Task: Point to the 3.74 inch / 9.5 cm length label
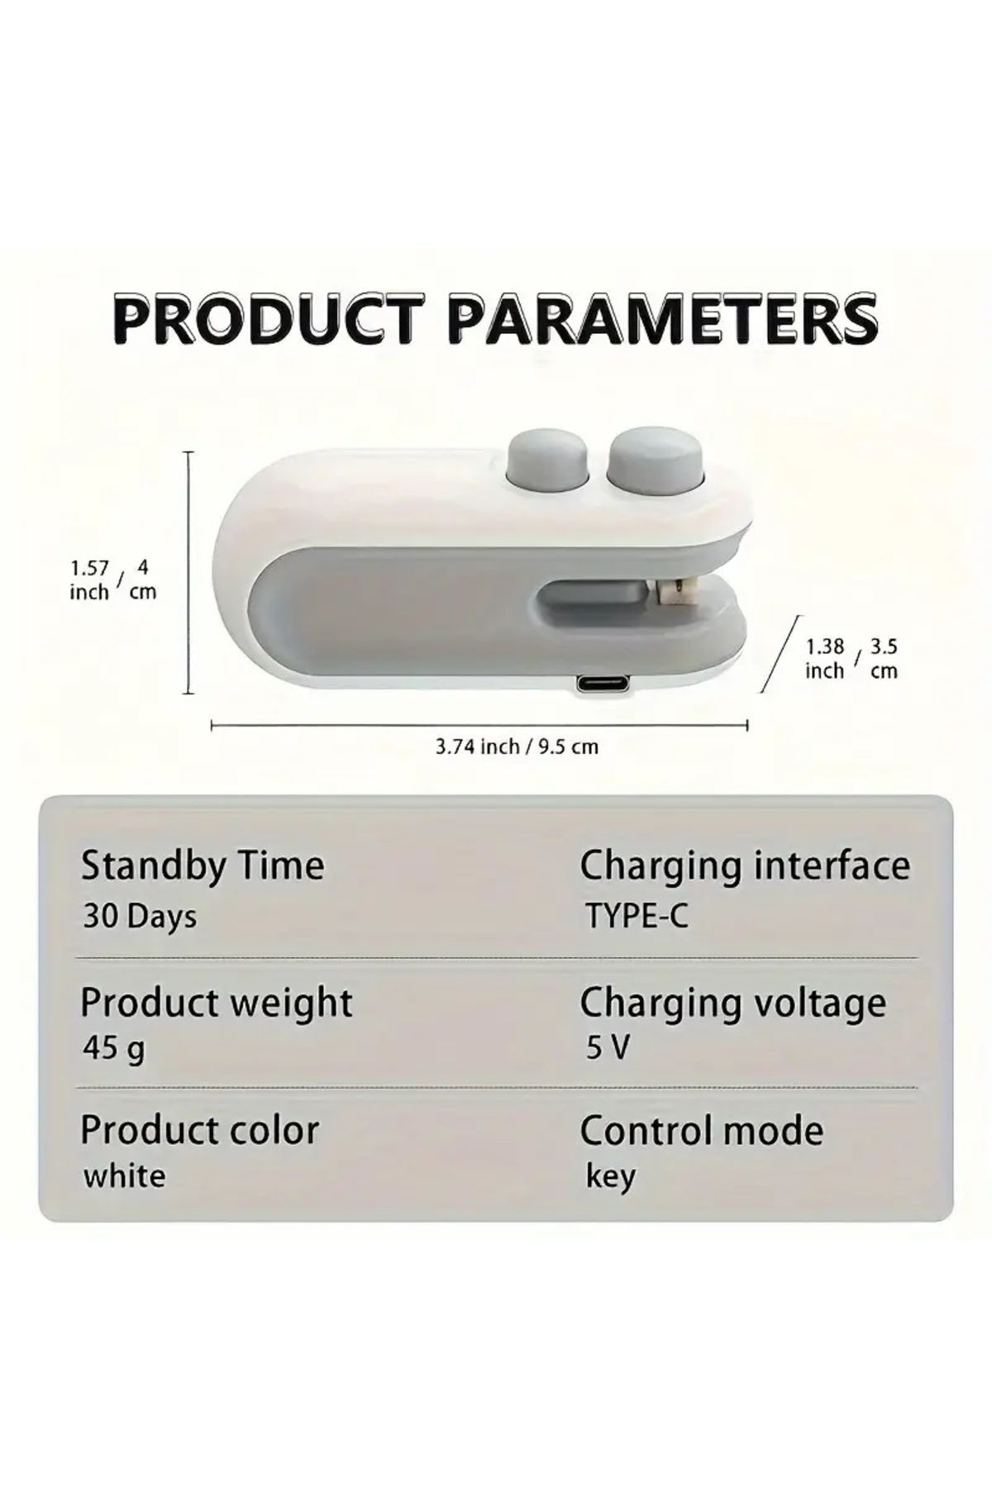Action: coord(517,746)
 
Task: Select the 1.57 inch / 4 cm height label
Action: coord(113,579)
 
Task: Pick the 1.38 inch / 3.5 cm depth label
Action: coord(851,658)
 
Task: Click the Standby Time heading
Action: coord(203,866)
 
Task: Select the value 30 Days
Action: coord(140,916)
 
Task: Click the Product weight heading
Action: coord(217,1003)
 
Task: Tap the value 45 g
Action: coord(114,1049)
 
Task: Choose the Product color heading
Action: coord(200,1130)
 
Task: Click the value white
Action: coord(124,1176)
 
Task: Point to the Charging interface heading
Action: coord(745,866)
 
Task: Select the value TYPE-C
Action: coord(637,916)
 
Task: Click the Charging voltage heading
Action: coord(733,1004)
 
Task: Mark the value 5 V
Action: coord(608,1048)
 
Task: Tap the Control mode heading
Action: coord(702,1130)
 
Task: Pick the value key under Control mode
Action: coord(611,1176)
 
